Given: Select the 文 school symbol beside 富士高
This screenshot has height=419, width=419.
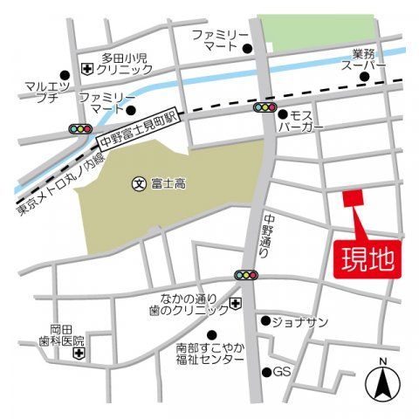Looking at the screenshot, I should click(138, 183).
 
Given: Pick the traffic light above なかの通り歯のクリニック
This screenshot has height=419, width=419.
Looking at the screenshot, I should click(247, 276).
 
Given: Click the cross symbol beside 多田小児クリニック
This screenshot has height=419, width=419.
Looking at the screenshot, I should click(87, 69).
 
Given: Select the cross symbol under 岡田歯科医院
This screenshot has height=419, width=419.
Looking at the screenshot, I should click(79, 355).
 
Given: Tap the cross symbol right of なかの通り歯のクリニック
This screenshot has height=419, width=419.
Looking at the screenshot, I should click(236, 303).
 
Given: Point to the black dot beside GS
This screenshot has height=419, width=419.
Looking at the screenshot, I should click(266, 373).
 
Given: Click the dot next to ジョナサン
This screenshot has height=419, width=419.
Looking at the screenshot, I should click(265, 320).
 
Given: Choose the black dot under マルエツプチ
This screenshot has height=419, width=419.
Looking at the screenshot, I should click(64, 75).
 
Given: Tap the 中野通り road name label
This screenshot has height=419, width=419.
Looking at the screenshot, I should click(267, 235).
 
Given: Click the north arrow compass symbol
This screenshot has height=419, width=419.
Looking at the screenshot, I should click(382, 379).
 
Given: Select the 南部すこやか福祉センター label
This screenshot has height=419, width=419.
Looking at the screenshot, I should click(209, 354).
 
